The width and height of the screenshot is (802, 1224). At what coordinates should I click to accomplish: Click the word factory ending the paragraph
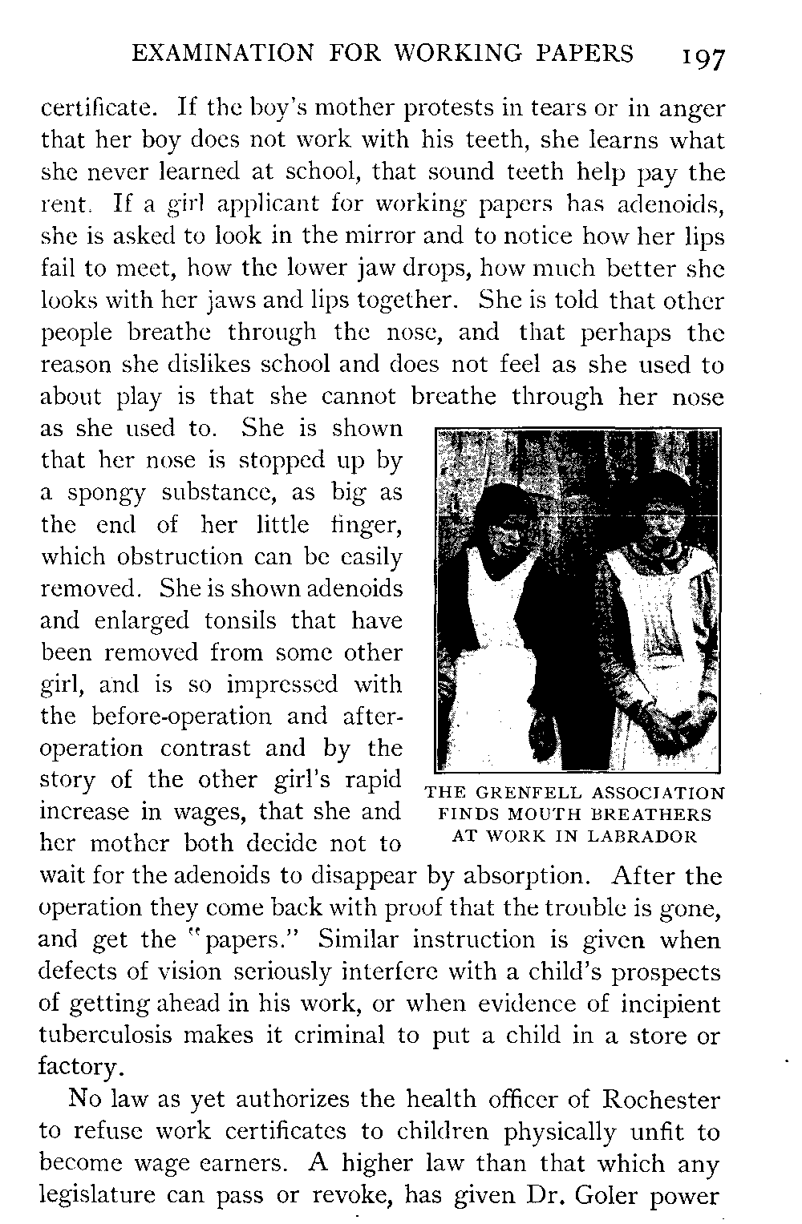click(x=80, y=1068)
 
